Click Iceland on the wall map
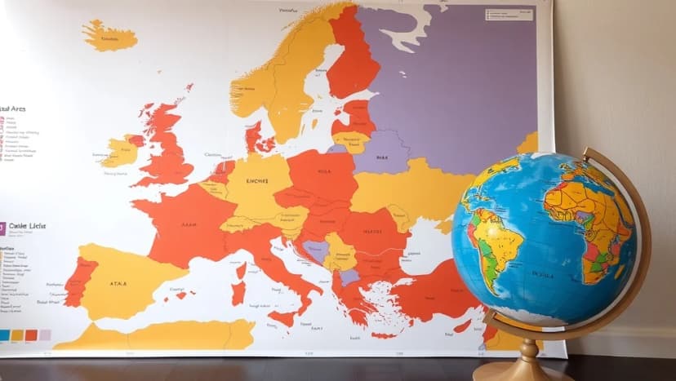point(109,35)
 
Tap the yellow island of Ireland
point(119,152)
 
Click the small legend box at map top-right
point(509,15)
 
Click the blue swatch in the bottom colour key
point(4,334)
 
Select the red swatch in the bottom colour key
point(30,334)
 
